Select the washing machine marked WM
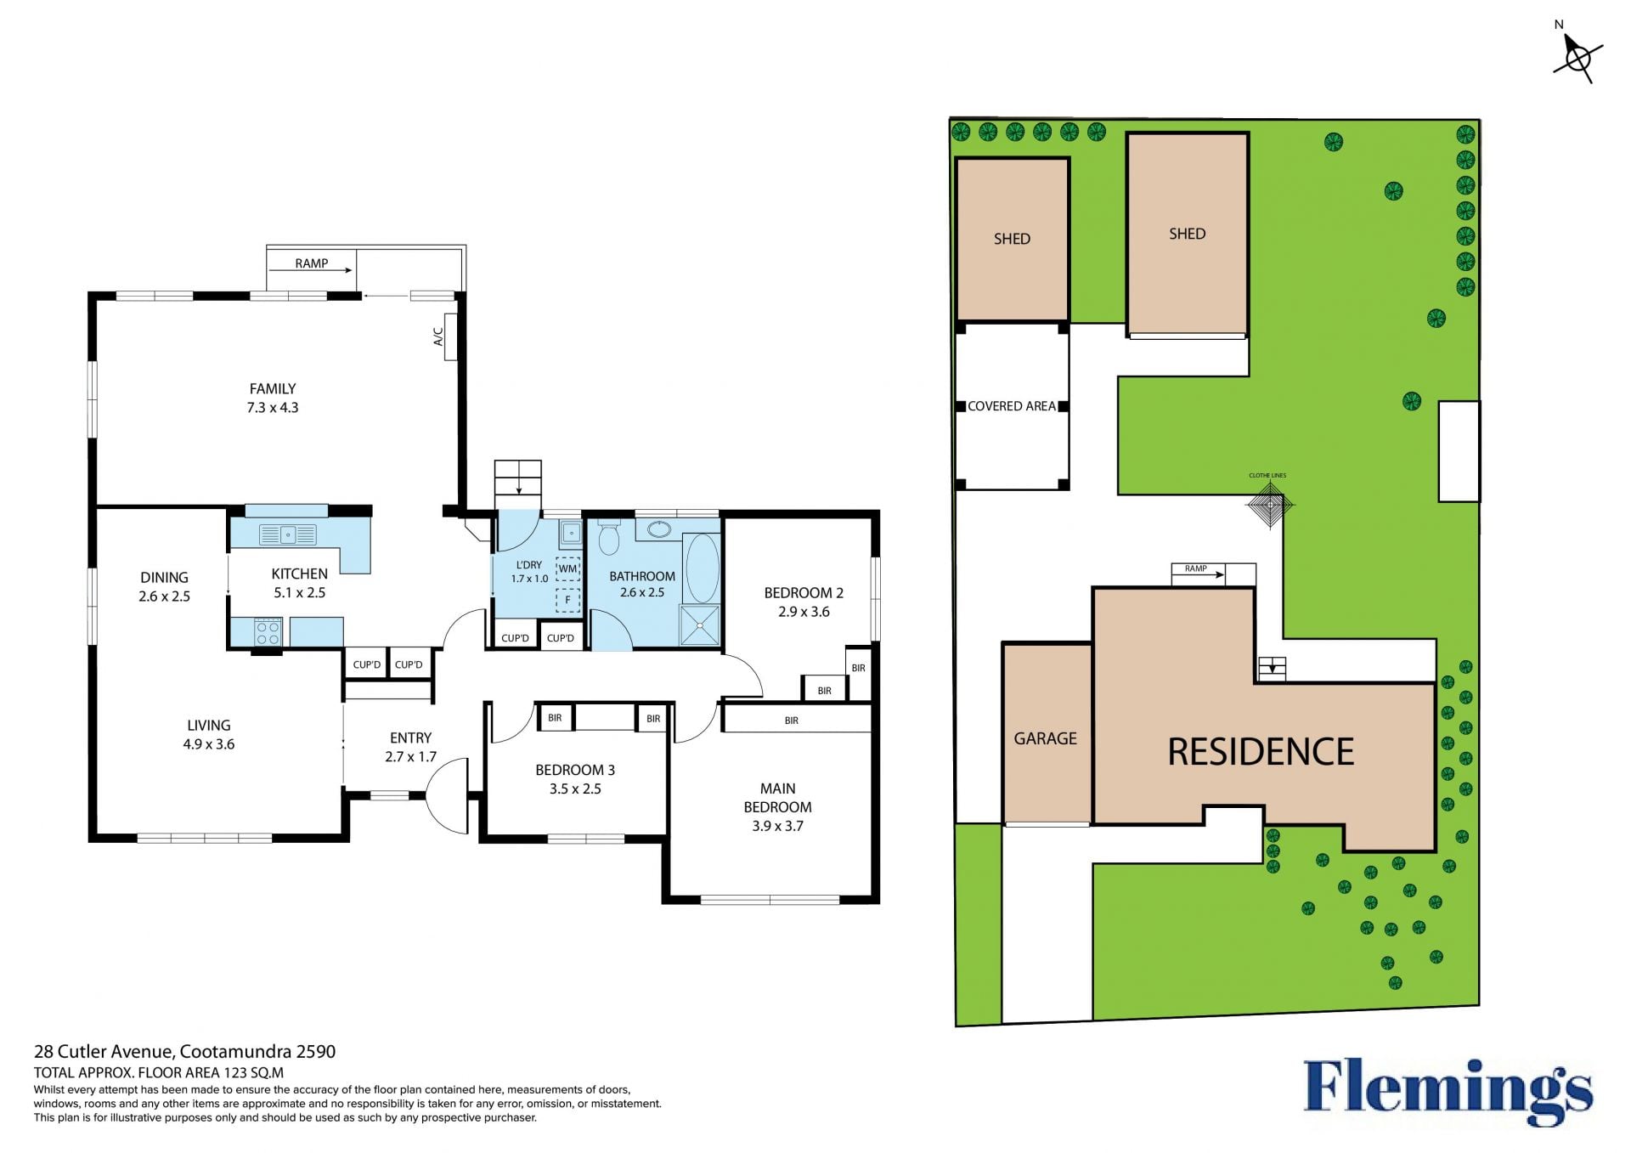[x=567, y=568]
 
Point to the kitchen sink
[x=288, y=534]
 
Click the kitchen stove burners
[x=268, y=631]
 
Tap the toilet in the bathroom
[x=608, y=537]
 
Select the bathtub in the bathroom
[x=702, y=568]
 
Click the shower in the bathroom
[x=699, y=625]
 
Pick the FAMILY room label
[x=273, y=389]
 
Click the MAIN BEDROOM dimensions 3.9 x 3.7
[x=777, y=826]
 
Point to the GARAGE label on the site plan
[x=1045, y=739]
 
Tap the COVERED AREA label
[x=1011, y=406]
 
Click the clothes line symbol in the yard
[x=1270, y=505]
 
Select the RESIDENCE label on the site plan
[x=1261, y=752]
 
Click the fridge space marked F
[x=567, y=600]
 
